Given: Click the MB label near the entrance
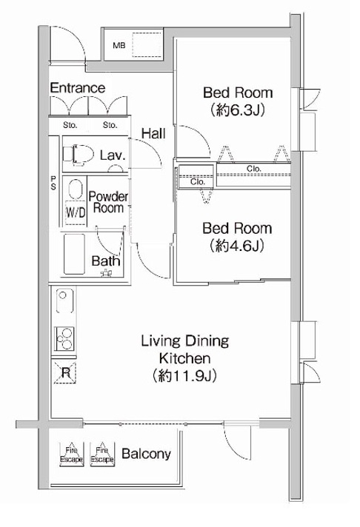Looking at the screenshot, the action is coord(119,45).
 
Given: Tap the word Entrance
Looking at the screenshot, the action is coord(78,88).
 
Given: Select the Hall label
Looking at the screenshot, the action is coord(153,133).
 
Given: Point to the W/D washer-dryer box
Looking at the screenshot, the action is coord(76,212).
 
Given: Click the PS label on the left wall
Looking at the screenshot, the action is coord(53,183).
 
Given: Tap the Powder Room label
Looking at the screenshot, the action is coord(108,202).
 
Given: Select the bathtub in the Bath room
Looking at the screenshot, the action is coord(74,254).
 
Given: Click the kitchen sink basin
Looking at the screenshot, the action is coord(64,301).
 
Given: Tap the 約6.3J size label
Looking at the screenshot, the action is coord(239,110).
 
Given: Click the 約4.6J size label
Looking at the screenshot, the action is coord(237,246).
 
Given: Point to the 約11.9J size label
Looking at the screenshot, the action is coord(184,376).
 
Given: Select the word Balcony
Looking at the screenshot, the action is coord(146,454).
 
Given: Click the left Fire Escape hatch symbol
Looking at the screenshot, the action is coord(71,454).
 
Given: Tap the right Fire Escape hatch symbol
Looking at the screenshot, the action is coord(102,454).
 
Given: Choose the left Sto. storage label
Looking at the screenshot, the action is coord(70,125).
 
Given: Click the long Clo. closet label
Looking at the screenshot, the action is coord(253,168).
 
